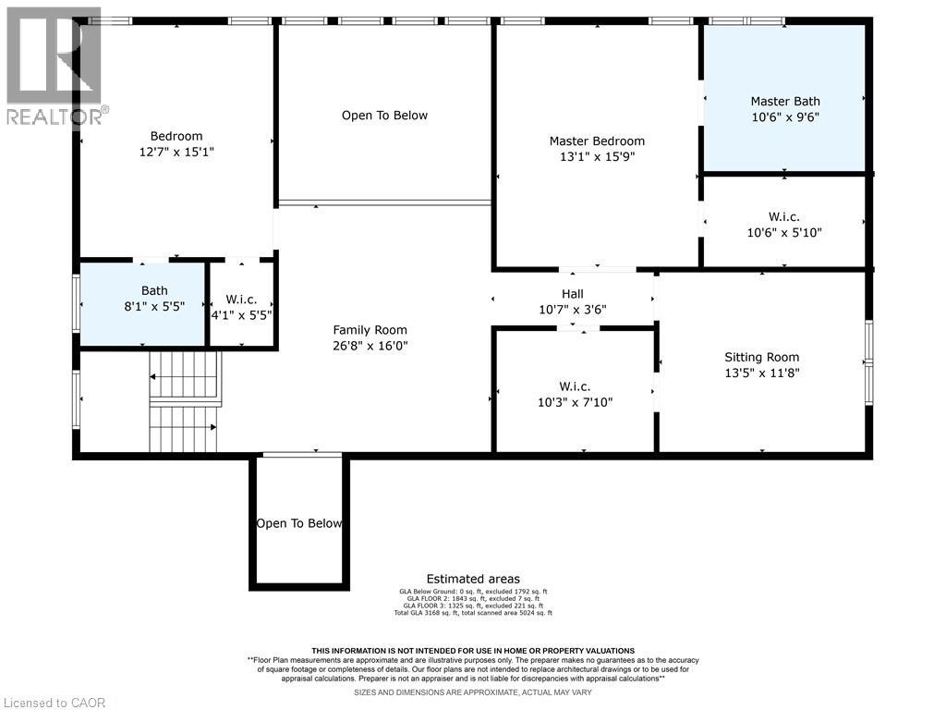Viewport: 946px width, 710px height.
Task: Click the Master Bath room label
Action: click(x=784, y=101)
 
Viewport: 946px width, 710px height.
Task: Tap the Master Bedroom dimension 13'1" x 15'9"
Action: click(x=597, y=156)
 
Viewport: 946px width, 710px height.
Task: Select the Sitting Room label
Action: click(x=761, y=357)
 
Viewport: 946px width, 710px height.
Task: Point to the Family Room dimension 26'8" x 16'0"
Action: click(x=370, y=346)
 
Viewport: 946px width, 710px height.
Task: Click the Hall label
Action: click(x=572, y=293)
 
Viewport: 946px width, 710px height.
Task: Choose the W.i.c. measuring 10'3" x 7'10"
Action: click(x=574, y=394)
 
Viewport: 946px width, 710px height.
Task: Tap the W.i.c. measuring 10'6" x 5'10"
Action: click(x=784, y=225)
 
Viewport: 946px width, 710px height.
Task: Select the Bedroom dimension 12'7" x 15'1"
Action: click(x=176, y=152)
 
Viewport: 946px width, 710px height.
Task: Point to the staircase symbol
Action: click(x=186, y=401)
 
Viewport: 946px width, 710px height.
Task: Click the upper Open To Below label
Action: click(x=384, y=116)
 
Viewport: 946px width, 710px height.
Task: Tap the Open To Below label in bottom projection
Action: click(x=299, y=523)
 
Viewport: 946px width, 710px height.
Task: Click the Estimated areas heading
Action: click(x=473, y=579)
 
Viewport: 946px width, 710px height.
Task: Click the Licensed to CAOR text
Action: click(x=54, y=702)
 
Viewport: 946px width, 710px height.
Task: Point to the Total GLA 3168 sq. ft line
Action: click(x=473, y=613)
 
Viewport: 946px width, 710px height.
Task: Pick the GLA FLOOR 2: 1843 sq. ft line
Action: click(x=473, y=598)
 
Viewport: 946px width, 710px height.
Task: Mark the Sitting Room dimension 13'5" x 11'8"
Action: click(x=761, y=373)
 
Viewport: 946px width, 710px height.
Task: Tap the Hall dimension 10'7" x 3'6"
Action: click(x=572, y=310)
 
